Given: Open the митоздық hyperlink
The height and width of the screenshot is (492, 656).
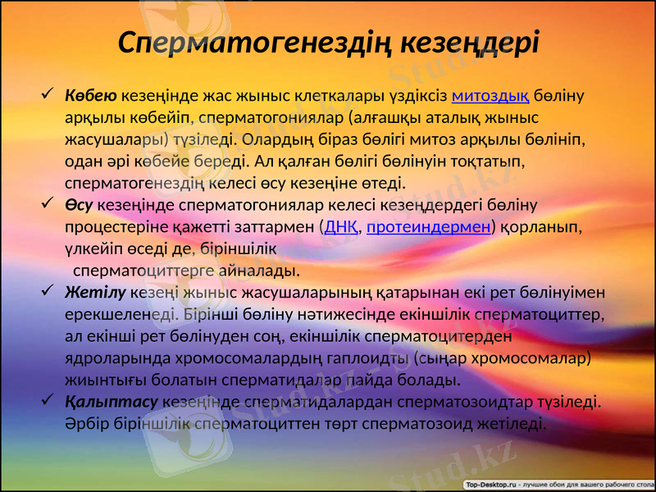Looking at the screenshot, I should [x=490, y=96].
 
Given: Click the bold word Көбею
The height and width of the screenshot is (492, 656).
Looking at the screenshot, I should [x=91, y=96].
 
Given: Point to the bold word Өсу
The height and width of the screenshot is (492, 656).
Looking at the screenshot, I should [x=80, y=204].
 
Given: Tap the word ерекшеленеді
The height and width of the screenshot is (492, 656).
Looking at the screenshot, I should [x=118, y=314].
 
